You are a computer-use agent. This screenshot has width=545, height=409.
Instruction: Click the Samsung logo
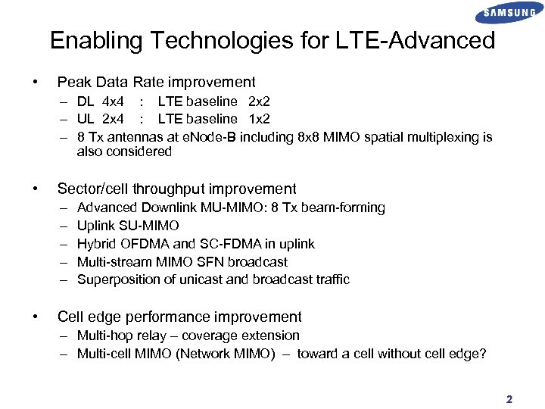pyautogui.click(x=509, y=13)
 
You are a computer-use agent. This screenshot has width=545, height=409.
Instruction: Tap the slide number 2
pyautogui.click(x=509, y=399)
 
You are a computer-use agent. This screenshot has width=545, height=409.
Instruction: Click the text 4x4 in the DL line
pyautogui.click(x=114, y=101)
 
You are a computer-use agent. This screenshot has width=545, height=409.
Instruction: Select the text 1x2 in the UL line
pyautogui.click(x=260, y=119)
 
